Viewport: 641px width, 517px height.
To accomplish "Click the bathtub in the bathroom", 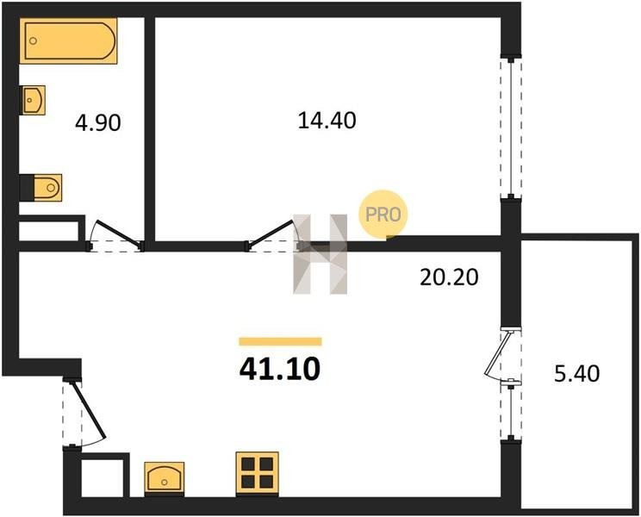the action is tap(68, 40).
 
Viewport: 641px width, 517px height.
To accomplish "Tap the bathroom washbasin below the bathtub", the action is tap(33, 100).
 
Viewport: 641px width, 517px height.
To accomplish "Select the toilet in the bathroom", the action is tap(40, 188).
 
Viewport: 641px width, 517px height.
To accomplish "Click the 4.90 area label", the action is tap(98, 122).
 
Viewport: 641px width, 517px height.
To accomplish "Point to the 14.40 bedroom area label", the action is tap(327, 121).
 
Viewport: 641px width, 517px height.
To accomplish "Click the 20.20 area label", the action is tap(449, 277).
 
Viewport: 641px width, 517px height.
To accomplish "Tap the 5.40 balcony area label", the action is tap(577, 373).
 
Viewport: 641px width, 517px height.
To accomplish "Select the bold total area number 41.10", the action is tap(280, 369).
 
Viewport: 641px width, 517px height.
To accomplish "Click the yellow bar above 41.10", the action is tap(281, 342).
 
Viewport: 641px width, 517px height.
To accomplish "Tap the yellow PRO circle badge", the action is tap(383, 215).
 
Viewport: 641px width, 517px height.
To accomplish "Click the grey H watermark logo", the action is tap(320, 254).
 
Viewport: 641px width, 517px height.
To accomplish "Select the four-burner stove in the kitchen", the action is tap(257, 474).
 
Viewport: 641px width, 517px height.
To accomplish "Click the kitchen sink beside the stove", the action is tap(165, 478).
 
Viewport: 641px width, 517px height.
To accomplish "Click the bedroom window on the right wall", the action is tap(511, 128).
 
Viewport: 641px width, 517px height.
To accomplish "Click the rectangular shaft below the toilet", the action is tap(48, 231).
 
